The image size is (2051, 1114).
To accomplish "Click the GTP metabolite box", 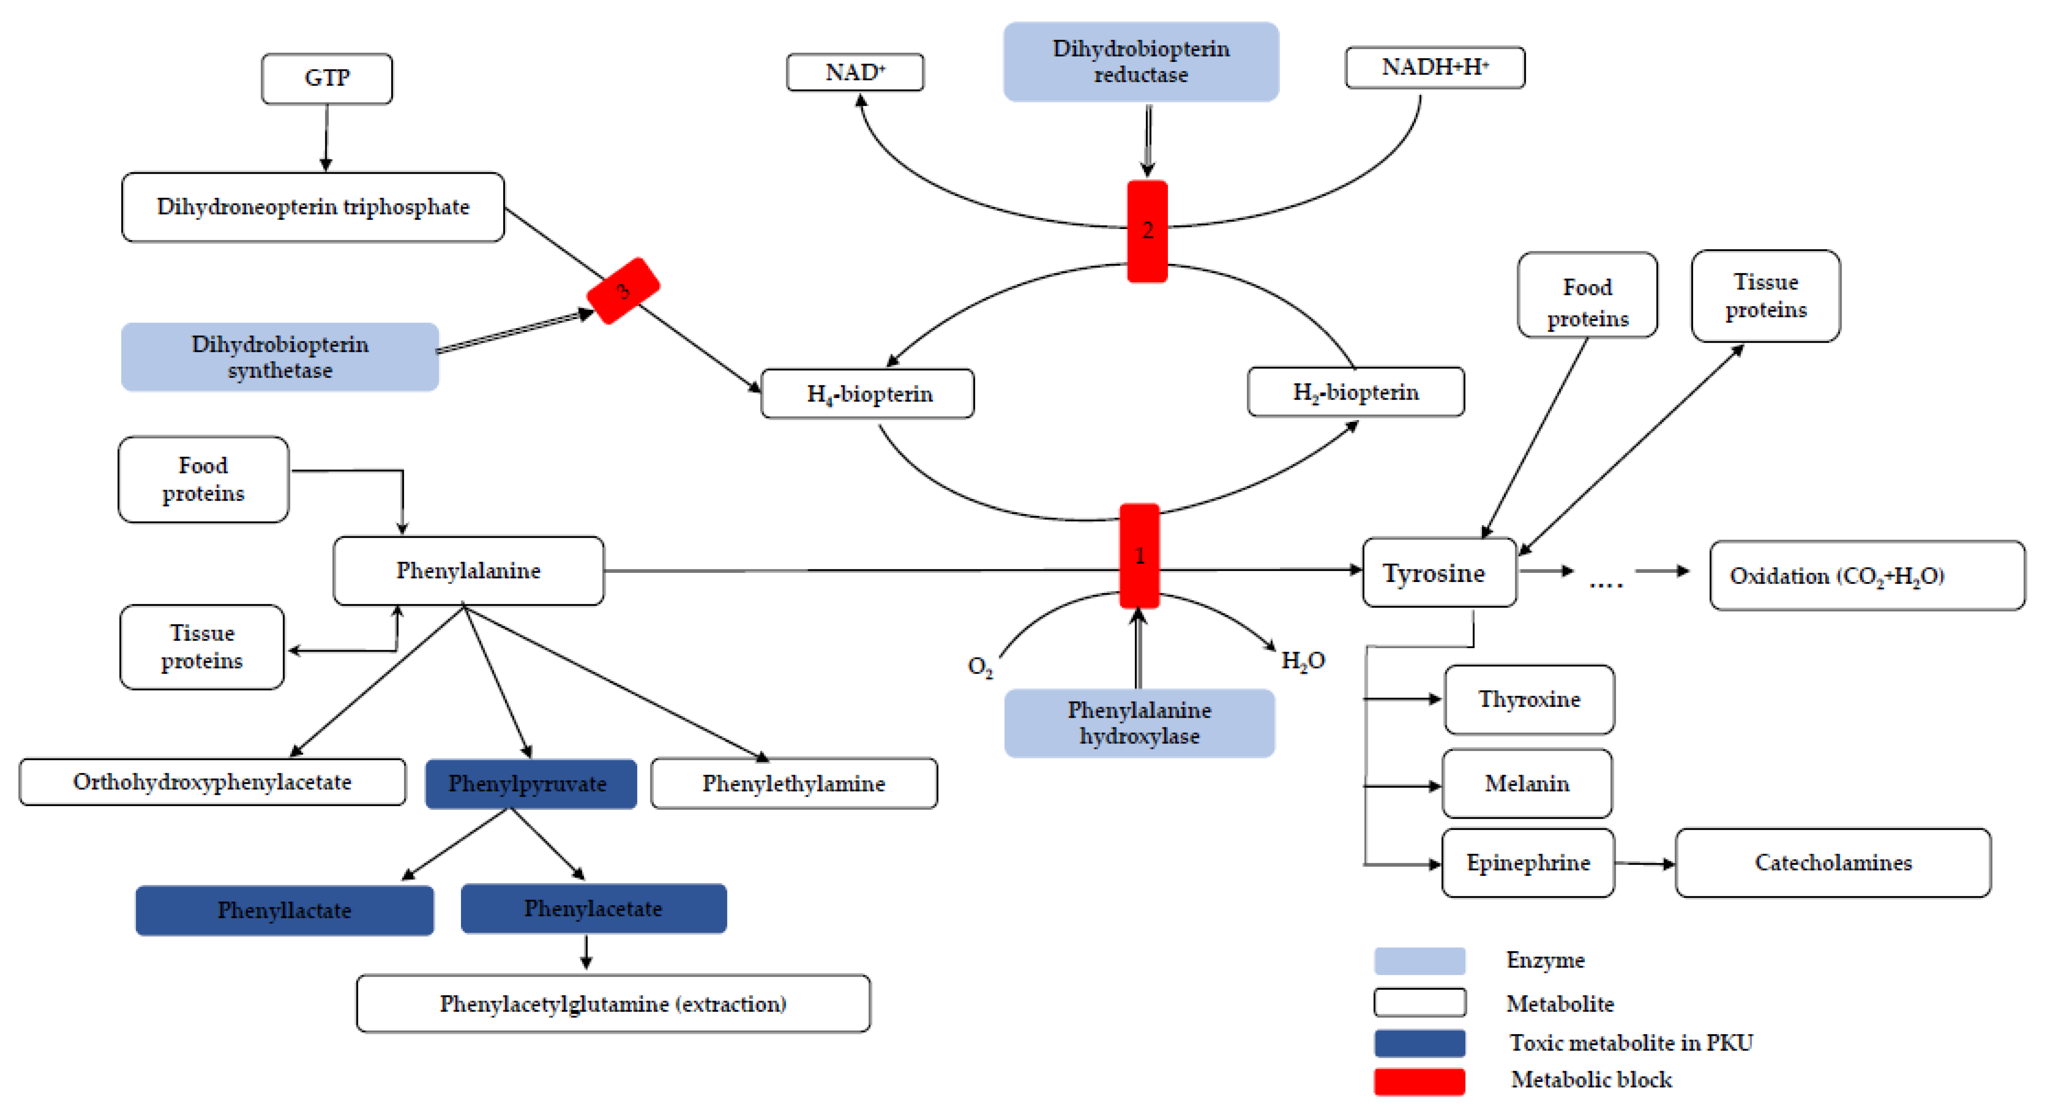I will (327, 78).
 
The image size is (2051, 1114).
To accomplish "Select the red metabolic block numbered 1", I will (1140, 555).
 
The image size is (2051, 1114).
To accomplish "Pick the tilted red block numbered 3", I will (623, 291).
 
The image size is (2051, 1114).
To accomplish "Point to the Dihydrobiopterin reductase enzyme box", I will (1141, 61).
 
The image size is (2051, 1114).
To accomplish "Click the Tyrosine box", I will (1439, 572).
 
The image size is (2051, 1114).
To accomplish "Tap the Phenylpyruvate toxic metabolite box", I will (530, 784).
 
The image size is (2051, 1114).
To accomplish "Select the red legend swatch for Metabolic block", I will (1419, 1081).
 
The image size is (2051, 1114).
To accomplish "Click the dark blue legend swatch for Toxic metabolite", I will (1419, 1042).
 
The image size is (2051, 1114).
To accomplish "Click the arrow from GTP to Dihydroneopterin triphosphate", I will (326, 137).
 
